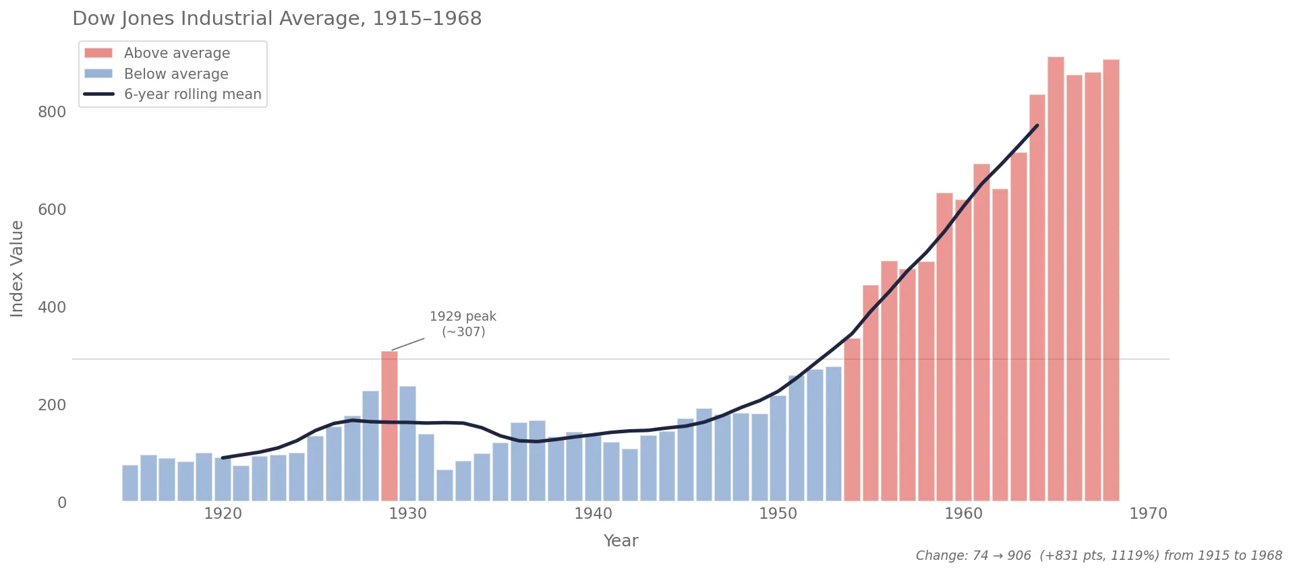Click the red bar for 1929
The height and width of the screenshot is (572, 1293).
(x=389, y=426)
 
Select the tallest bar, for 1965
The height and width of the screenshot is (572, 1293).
(x=1056, y=279)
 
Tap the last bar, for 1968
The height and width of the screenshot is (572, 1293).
(x=1111, y=280)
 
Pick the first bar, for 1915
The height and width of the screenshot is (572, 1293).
(x=130, y=482)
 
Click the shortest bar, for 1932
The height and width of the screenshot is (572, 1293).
(x=444, y=485)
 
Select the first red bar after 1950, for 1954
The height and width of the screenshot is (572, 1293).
(x=852, y=419)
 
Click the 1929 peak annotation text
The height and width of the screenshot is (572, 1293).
(x=463, y=324)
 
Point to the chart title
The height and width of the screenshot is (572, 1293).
(x=277, y=19)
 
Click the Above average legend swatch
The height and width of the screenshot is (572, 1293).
(x=98, y=53)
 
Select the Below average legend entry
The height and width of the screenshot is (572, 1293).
(x=176, y=74)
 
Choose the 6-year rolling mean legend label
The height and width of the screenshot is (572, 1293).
(x=192, y=94)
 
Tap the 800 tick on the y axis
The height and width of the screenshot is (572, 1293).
(x=52, y=113)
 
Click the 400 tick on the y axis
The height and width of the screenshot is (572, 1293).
(x=52, y=308)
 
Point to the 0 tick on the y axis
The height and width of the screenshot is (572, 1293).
(x=62, y=503)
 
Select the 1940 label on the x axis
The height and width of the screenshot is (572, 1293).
(x=593, y=514)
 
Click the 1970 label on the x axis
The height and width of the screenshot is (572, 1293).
(x=1148, y=514)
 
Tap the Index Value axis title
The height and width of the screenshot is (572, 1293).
(x=17, y=268)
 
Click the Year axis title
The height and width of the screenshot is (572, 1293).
(x=621, y=541)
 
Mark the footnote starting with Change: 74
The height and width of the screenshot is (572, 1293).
(x=1098, y=556)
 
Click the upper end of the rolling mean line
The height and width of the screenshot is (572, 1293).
(x=1037, y=126)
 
